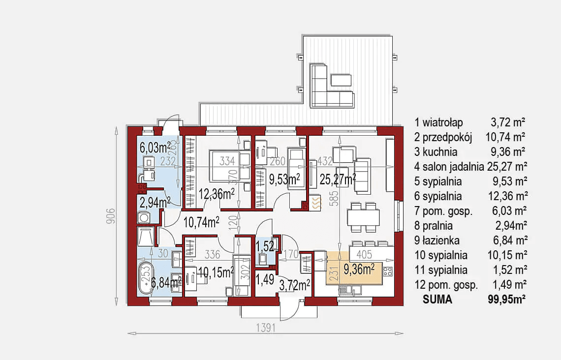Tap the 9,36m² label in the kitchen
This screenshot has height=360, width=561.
coord(359,269)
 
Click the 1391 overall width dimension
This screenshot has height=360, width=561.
coord(266,328)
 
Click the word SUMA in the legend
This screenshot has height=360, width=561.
coord(437,299)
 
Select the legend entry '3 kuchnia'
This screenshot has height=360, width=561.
coord(436,152)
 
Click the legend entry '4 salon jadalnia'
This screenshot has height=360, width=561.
coord(449,167)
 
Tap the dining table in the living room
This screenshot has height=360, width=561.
coord(363,217)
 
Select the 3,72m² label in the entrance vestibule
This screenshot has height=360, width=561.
coord(294,284)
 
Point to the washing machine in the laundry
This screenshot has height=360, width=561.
coord(145,217)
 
